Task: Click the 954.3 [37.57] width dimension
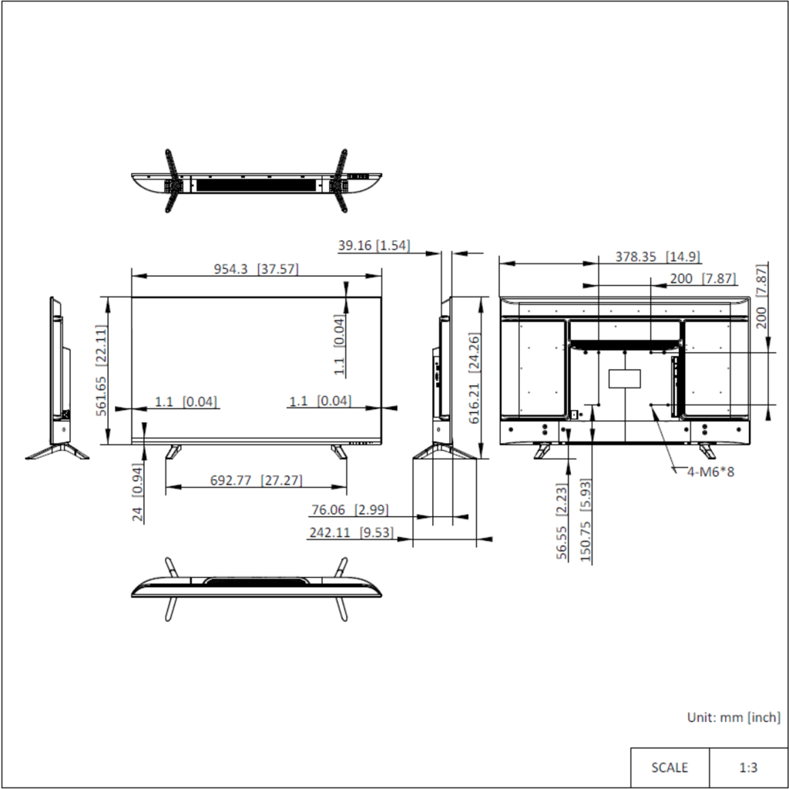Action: click(x=256, y=269)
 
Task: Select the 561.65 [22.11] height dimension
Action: click(x=101, y=371)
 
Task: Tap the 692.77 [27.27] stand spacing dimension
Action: click(x=256, y=481)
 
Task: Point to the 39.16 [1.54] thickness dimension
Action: click(x=374, y=246)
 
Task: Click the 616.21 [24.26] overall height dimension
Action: click(x=474, y=378)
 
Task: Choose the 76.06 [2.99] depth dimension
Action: click(x=350, y=510)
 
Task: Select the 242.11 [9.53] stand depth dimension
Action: click(x=351, y=532)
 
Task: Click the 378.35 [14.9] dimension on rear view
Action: click(x=658, y=257)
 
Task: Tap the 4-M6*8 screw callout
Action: click(x=710, y=472)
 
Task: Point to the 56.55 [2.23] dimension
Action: click(x=562, y=522)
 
